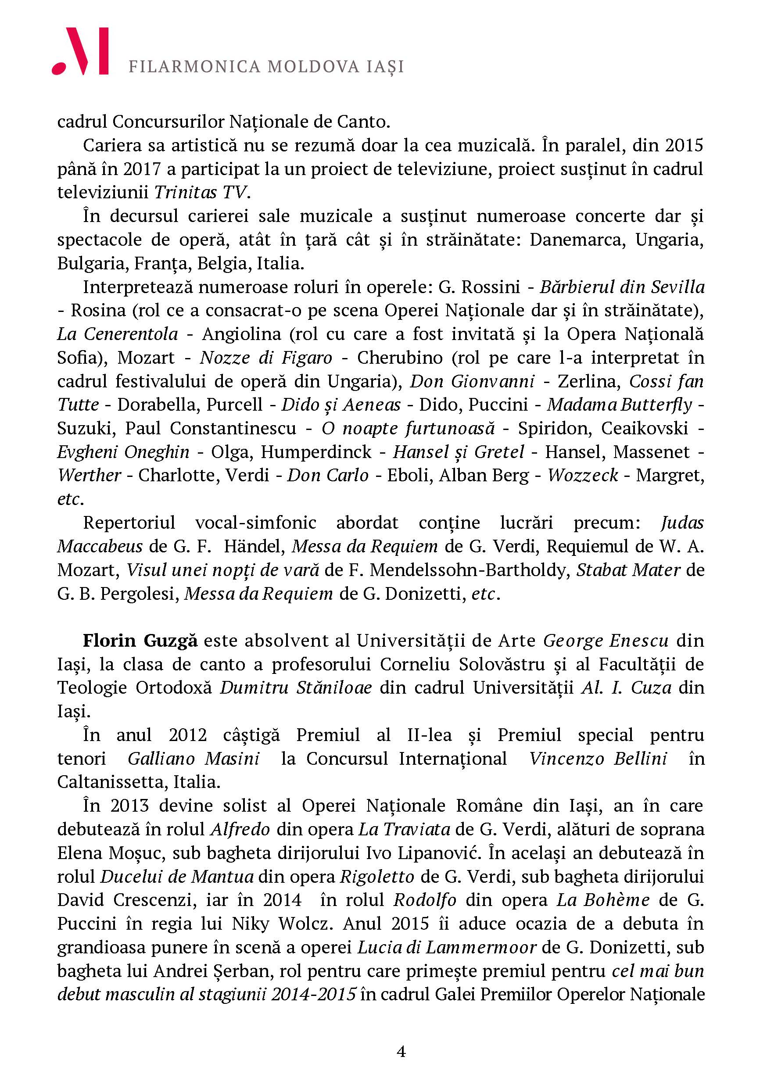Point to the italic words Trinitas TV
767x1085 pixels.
coord(201,192)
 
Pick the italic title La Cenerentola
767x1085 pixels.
coord(118,334)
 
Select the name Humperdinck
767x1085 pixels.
coord(316,452)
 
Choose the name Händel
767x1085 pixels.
coord(254,546)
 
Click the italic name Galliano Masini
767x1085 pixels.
coord(194,759)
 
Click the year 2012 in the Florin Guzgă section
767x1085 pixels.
coord(188,735)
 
